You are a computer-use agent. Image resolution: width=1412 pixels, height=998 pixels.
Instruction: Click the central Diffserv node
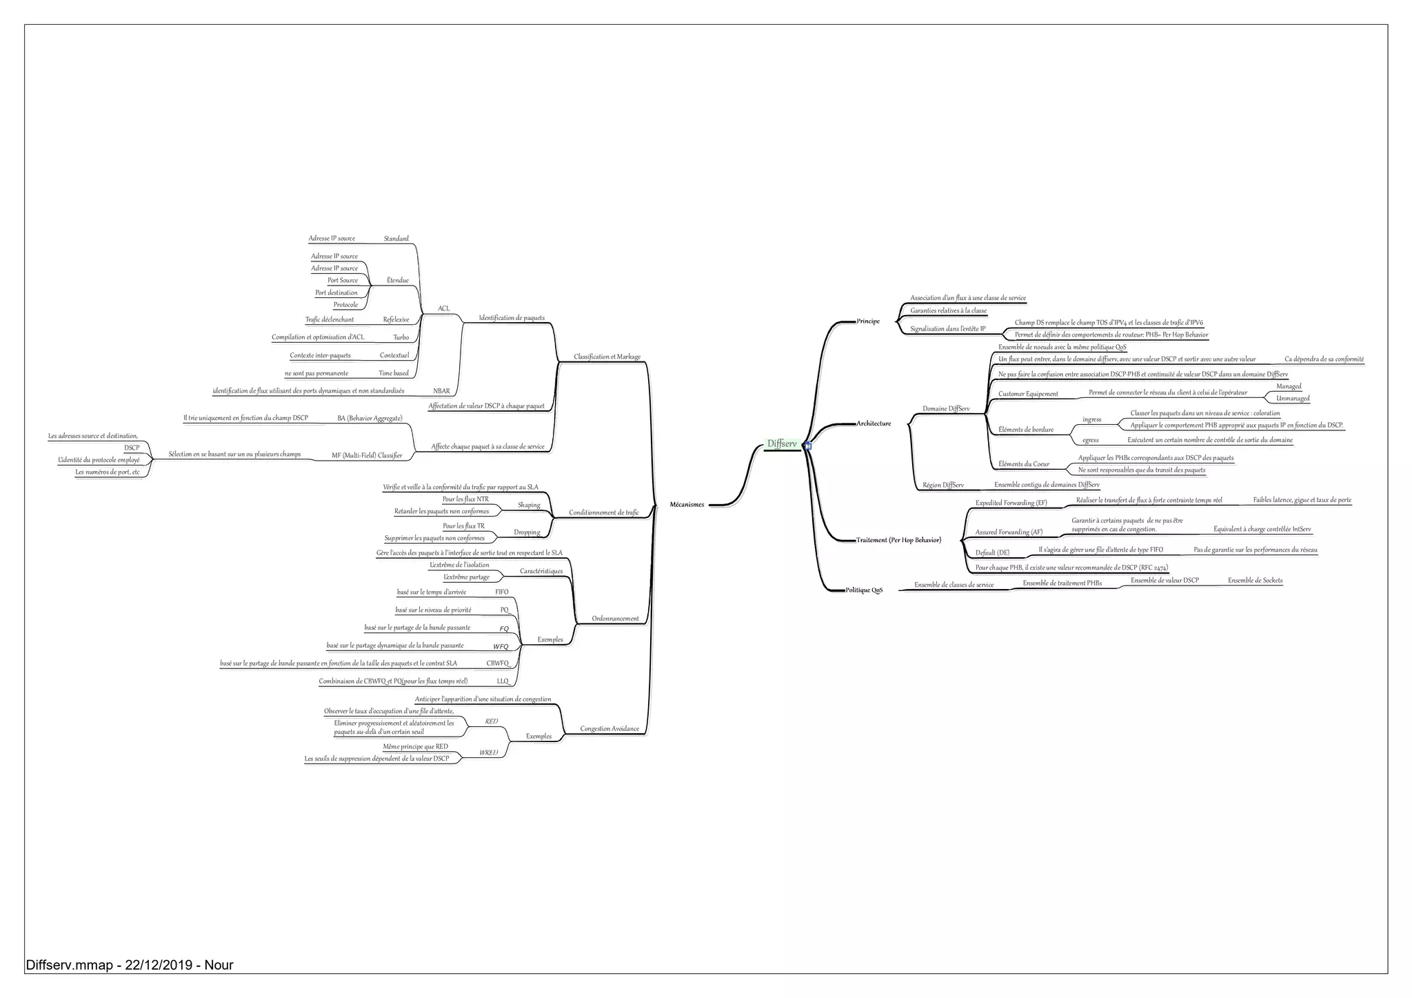coord(782,444)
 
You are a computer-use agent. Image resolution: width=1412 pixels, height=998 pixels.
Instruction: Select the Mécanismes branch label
coord(687,505)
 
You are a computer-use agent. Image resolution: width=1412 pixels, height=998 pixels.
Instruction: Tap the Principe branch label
coord(868,321)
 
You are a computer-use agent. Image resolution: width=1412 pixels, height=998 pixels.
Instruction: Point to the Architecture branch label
coord(874,423)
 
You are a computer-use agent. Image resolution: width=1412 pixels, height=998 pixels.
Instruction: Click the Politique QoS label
coord(864,590)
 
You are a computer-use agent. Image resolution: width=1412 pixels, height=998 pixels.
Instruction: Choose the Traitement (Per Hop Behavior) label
coord(898,540)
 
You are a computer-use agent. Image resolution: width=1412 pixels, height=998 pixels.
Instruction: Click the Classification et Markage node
coord(607,357)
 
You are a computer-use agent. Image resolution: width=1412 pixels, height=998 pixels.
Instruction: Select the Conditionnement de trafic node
coord(604,513)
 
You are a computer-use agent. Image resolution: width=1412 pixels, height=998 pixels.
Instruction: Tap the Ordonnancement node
coord(615,619)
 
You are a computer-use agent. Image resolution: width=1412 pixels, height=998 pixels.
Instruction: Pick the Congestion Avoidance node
coord(609,729)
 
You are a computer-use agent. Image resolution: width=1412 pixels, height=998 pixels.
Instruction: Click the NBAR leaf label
coord(441,392)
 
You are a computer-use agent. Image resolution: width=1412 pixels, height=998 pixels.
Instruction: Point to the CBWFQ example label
coord(497,663)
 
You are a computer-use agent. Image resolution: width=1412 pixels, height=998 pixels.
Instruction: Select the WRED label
coord(488,753)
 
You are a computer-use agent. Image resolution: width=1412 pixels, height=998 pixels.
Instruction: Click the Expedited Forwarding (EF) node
coord(1011,503)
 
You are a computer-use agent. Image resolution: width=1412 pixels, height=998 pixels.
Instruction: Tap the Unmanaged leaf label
coord(1293,399)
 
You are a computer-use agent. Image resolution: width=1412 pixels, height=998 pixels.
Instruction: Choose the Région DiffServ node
coord(943,486)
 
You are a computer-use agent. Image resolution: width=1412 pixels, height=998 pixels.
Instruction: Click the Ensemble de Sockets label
coord(1255,581)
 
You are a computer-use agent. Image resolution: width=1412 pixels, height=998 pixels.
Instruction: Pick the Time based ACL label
coord(394,374)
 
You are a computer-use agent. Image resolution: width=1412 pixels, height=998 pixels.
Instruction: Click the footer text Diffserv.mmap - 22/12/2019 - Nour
coord(130,966)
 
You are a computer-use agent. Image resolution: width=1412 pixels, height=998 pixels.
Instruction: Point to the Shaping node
coord(529,506)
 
